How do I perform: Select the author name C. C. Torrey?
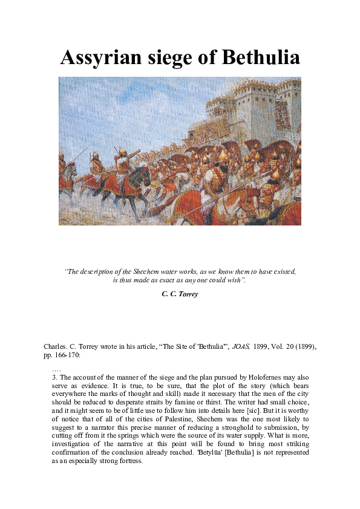point(180,293)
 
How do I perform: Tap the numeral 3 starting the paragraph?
point(54,377)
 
